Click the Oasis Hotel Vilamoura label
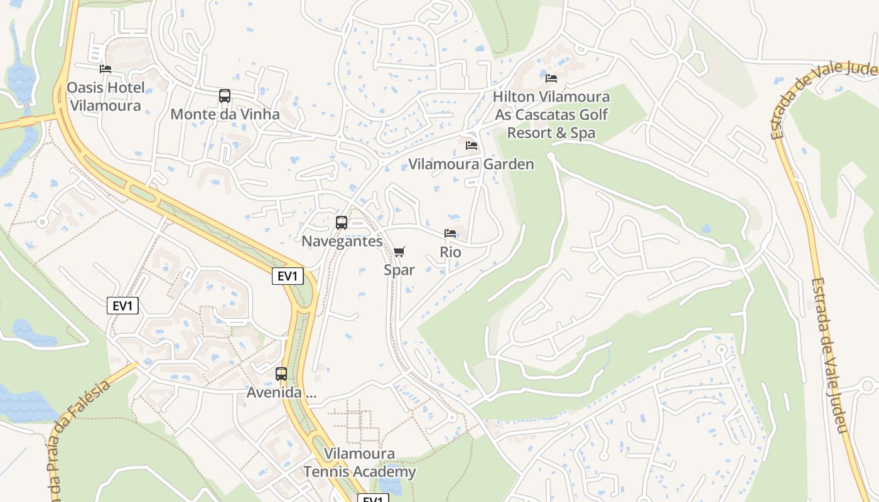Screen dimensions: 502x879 (x=105, y=96)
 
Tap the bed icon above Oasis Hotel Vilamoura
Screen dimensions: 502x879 (x=105, y=68)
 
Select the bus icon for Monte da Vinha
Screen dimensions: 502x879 (x=225, y=96)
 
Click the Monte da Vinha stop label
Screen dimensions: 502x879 (x=225, y=114)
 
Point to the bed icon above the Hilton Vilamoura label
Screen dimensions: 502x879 (x=551, y=78)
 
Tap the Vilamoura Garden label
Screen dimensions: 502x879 (x=471, y=164)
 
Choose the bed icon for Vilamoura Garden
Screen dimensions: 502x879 (x=472, y=146)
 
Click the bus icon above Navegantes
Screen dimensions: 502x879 (x=342, y=223)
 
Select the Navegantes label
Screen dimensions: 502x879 (x=342, y=241)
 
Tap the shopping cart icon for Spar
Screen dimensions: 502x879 (x=399, y=252)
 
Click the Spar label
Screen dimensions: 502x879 (x=399, y=270)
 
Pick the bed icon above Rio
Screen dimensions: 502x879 (x=450, y=233)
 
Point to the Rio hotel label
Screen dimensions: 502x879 (x=450, y=252)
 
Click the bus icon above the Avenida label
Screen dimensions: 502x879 (x=281, y=374)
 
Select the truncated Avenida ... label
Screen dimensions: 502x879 (x=281, y=393)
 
